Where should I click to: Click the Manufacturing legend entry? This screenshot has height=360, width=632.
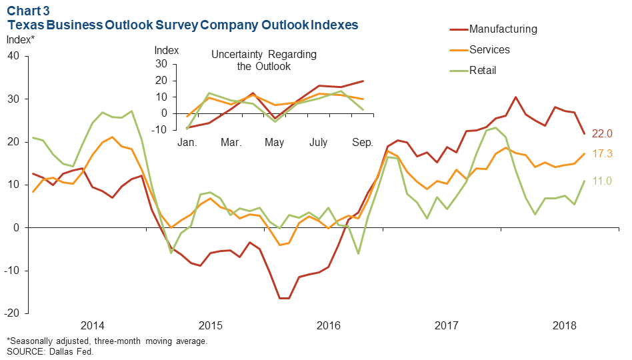pyautogui.click(x=503, y=29)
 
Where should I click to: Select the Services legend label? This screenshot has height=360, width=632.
pyautogui.click(x=489, y=50)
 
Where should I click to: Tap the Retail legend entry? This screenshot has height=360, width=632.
pyautogui.click(x=483, y=70)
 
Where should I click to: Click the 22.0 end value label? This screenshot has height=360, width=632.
pyautogui.click(x=603, y=134)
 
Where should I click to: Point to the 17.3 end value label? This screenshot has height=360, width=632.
pyautogui.click(x=603, y=154)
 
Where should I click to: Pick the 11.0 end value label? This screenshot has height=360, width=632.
pyautogui.click(x=603, y=181)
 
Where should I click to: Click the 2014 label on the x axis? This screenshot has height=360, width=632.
pyautogui.click(x=93, y=325)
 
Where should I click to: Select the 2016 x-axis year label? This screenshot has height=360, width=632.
pyautogui.click(x=329, y=325)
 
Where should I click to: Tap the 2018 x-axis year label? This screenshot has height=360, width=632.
pyautogui.click(x=565, y=325)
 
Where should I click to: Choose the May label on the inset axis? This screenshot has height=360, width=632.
pyautogui.click(x=274, y=143)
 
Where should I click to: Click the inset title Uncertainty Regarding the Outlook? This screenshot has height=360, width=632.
pyautogui.click(x=264, y=61)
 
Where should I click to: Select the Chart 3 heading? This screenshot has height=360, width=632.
pyautogui.click(x=26, y=11)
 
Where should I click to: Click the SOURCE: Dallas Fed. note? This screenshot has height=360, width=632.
pyautogui.click(x=50, y=351)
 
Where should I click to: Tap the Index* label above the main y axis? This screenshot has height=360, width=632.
pyautogui.click(x=20, y=39)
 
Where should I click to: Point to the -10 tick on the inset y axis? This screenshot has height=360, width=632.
pyautogui.click(x=161, y=130)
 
